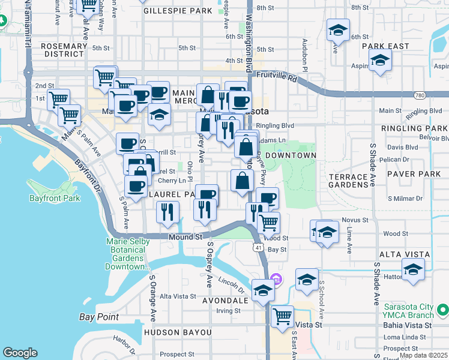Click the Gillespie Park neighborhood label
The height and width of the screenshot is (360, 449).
[177, 11]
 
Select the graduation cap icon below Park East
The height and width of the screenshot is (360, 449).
[380, 61]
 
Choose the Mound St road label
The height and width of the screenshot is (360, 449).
[185, 237]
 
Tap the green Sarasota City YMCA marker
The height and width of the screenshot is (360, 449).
[442, 310]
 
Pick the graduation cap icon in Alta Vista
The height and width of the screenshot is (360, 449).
[413, 269]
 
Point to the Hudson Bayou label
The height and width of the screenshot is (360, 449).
[178, 332]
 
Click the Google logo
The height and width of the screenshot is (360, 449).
[20, 353]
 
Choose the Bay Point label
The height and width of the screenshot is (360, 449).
[99, 317]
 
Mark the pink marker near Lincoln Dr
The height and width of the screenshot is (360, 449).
[276, 278]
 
